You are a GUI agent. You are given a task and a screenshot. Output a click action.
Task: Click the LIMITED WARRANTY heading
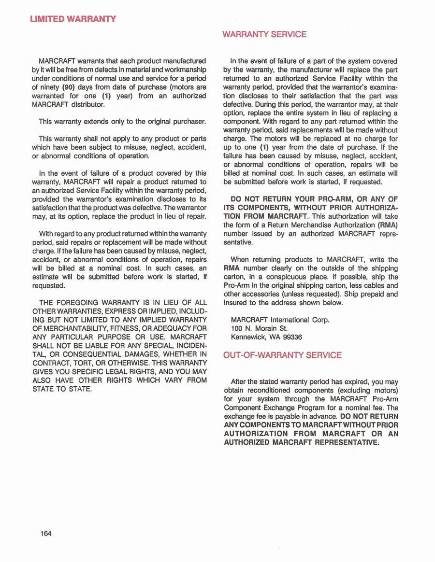tap(73, 19)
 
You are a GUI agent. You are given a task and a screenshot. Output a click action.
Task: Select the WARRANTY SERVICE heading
tap(264, 34)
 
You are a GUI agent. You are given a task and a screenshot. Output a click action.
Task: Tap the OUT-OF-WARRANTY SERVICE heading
tap(282, 355)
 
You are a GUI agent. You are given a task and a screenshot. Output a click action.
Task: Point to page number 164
tap(46, 534)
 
